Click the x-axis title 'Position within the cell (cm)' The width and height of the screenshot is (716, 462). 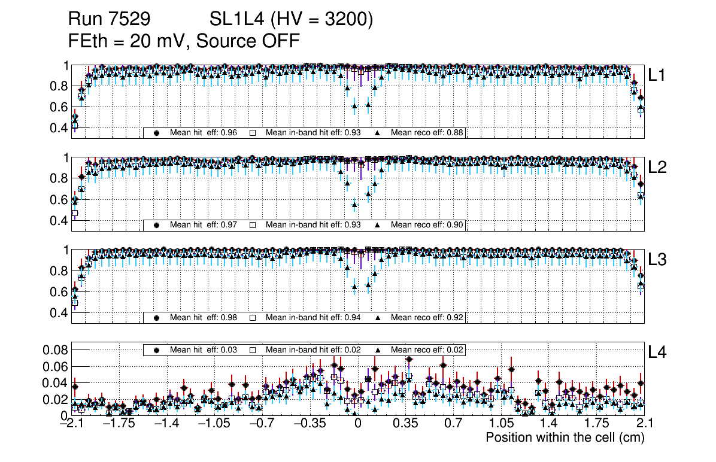[x=565, y=437]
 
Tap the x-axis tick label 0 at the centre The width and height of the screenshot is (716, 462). [x=357, y=424]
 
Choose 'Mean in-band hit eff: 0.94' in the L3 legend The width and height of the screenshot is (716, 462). [x=313, y=317]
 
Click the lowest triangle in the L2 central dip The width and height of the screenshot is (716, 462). [x=354, y=204]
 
